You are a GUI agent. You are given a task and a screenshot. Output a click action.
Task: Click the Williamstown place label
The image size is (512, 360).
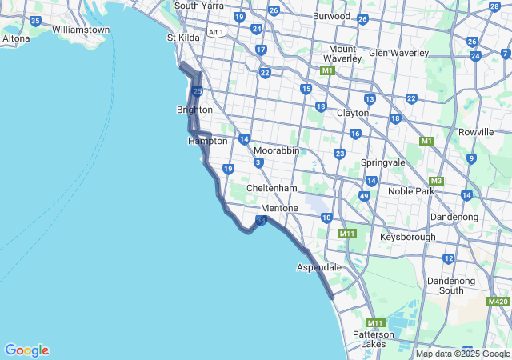click(81, 30)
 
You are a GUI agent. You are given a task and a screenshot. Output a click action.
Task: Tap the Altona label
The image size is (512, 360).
click(16, 38)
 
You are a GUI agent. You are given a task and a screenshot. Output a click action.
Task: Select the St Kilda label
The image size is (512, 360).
click(183, 38)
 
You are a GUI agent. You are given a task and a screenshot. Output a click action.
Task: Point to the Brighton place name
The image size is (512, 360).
click(194, 110)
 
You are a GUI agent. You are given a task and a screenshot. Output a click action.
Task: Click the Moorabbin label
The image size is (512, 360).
click(276, 150)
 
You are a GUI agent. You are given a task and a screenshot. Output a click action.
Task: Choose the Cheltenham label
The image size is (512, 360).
click(271, 188)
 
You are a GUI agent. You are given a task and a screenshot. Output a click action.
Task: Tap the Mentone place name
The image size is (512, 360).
click(279, 208)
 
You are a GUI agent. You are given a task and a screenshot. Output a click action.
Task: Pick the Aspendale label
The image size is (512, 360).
click(319, 266)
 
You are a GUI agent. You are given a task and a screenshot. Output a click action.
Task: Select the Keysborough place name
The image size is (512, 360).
click(408, 237)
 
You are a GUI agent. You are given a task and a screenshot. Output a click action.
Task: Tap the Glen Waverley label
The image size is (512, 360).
click(398, 54)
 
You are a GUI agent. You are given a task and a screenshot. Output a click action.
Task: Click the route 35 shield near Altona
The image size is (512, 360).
click(35, 20)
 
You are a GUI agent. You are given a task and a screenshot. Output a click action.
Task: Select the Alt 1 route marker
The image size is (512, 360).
click(215, 32)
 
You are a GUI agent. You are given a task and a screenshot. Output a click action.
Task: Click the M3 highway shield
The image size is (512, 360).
click(436, 181)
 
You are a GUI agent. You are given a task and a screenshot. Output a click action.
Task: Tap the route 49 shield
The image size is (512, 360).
click(364, 196)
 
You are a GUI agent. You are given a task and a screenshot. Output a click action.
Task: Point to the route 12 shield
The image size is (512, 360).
click(448, 258)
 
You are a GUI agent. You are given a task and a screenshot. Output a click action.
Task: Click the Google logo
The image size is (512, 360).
click(26, 350)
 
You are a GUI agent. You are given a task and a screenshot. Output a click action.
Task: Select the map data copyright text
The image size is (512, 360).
click(462, 354)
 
